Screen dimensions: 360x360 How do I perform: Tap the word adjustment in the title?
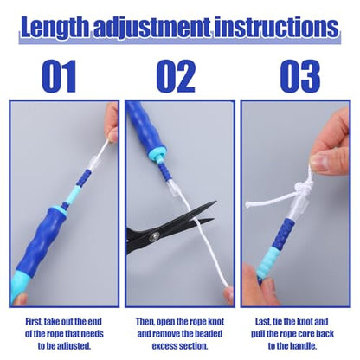151,29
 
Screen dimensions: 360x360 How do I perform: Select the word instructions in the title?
276,27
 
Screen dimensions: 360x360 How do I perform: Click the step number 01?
59,76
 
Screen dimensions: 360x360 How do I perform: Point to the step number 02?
176,76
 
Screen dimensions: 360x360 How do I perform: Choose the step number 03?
300,76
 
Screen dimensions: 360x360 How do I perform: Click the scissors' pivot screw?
154,237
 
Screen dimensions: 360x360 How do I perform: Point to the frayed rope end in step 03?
247,205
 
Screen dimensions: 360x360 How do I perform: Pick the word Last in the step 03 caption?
263,322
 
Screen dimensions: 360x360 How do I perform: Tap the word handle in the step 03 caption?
305,346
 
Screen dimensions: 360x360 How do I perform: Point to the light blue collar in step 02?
157,152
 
